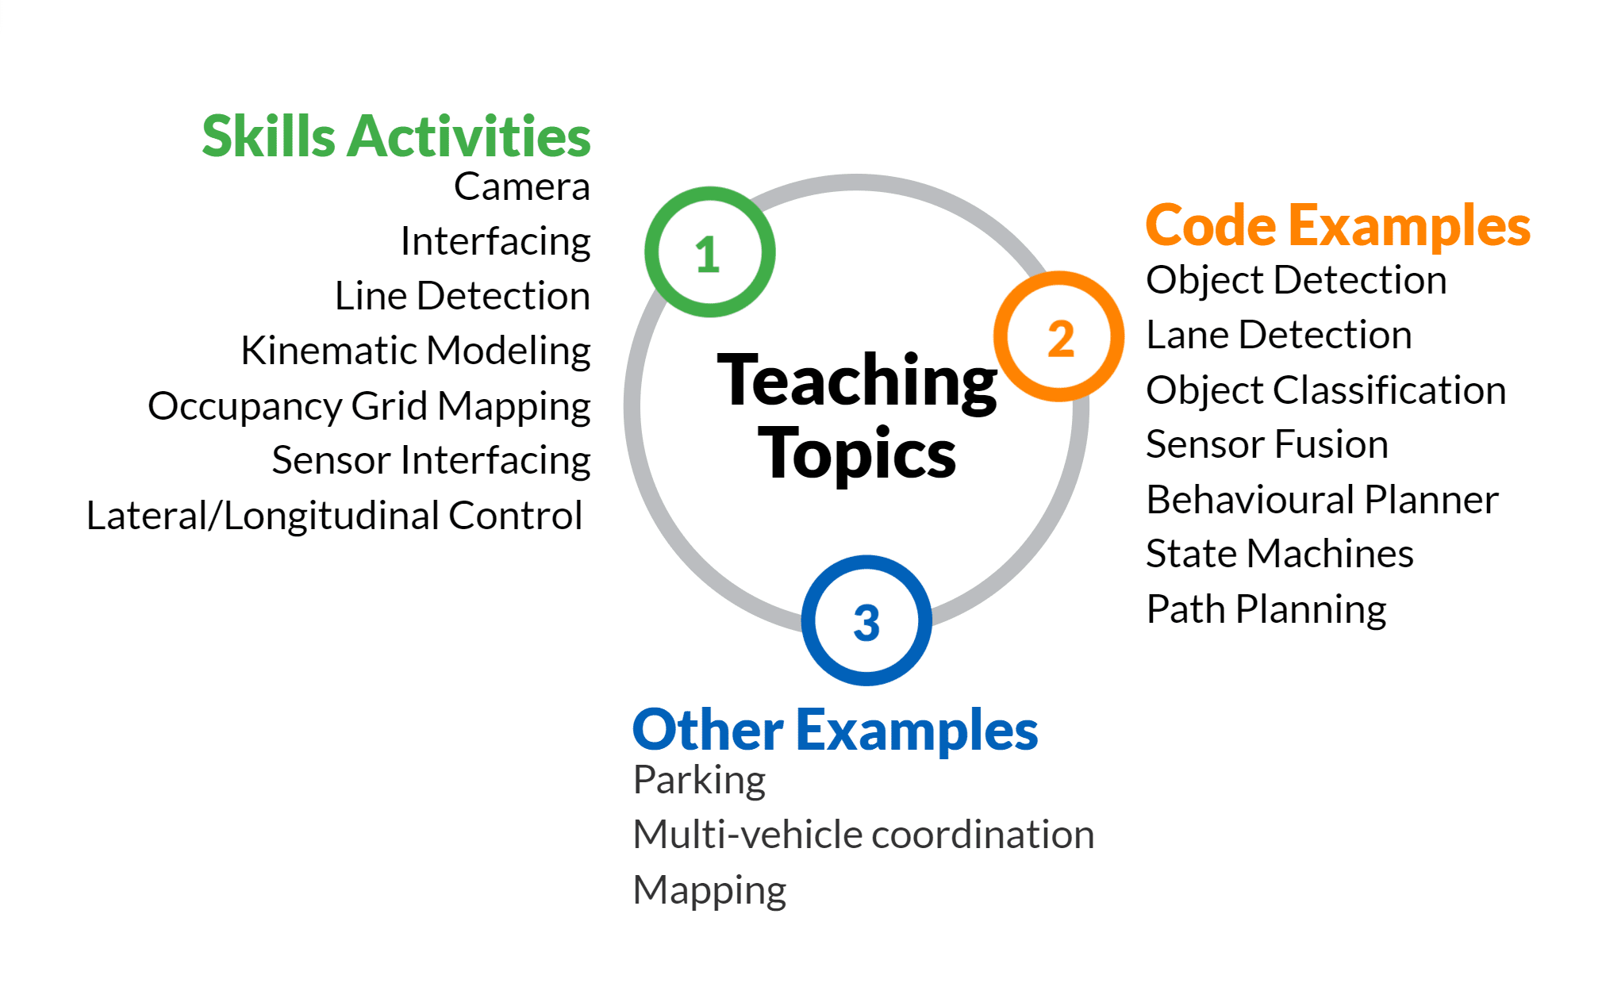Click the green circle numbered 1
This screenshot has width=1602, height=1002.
651,252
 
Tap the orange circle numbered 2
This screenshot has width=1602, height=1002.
1001,336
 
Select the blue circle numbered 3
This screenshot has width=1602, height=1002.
808,620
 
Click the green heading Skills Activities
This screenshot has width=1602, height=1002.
396,136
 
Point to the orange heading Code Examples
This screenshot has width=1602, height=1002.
1338,227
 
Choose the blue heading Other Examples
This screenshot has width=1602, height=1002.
835,730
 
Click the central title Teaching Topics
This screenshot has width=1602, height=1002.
857,416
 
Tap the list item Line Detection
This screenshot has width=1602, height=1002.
463,296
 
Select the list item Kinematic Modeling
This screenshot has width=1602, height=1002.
416,351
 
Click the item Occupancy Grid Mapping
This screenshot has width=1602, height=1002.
369,406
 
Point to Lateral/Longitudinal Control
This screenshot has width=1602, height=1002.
334,516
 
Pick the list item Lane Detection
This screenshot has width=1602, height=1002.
1279,335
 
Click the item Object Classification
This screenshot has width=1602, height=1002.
1326,390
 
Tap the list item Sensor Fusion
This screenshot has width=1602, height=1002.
1267,444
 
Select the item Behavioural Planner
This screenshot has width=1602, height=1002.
1323,500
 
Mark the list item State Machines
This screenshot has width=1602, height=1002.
1280,554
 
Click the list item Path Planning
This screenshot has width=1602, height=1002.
1266,610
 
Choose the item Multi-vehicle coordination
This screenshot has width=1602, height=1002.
863,835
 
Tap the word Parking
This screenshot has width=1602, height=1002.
699,781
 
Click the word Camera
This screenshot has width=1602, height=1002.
522,187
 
